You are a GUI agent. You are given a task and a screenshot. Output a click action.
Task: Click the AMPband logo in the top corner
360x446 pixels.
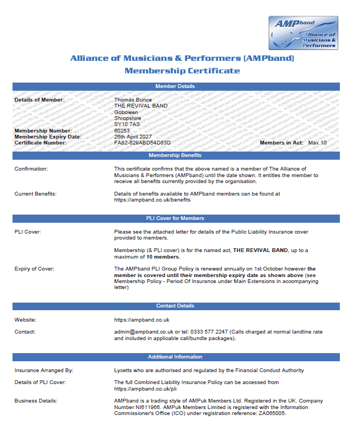tap(303, 33)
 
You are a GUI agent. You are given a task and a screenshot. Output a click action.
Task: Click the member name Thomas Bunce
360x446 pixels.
tap(133, 100)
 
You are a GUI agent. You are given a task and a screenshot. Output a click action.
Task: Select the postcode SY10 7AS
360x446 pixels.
tap(127, 124)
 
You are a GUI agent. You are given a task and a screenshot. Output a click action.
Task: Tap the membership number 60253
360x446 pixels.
tap(122, 131)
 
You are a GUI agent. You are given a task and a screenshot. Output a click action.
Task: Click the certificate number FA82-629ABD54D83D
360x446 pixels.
tap(142, 143)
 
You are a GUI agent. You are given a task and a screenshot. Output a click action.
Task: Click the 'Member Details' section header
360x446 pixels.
tap(175, 86)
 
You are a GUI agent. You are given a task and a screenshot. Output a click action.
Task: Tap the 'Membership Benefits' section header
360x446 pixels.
tap(175, 156)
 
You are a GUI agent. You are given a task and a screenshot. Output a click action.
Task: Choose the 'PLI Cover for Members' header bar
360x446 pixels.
tap(175, 218)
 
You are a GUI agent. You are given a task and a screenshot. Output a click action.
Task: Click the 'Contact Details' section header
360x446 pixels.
tap(175, 306)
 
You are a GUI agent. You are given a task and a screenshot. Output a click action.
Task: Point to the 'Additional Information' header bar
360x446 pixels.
tap(175, 357)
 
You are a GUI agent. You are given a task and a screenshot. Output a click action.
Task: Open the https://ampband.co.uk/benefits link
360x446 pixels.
tap(152, 199)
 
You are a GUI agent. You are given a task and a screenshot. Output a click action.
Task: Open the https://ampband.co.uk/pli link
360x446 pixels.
tap(145, 389)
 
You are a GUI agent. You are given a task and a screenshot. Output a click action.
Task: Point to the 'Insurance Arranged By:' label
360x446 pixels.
tap(44, 370)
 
